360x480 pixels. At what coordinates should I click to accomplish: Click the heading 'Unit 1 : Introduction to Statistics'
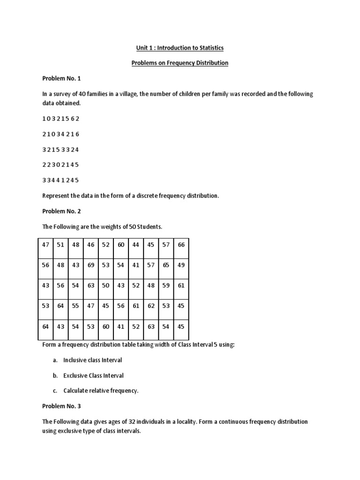pyautogui.click(x=180, y=48)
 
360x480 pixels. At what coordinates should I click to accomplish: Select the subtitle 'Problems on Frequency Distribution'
pyautogui.click(x=180, y=63)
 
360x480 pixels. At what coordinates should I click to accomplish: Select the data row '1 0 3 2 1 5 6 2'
pyautogui.click(x=60, y=119)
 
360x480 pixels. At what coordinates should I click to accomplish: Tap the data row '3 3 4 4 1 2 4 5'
pyautogui.click(x=60, y=180)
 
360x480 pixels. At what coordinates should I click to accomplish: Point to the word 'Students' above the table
pyautogui.click(x=148, y=227)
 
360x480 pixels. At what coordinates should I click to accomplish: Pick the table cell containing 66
pyautogui.click(x=181, y=245)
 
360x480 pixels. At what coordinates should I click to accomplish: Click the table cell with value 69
pyautogui.click(x=90, y=265)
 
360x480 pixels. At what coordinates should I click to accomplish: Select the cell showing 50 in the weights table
pyautogui.click(x=105, y=285)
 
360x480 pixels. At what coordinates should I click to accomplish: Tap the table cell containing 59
pyautogui.click(x=166, y=285)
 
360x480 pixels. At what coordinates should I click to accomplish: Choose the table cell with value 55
pyautogui.click(x=75, y=305)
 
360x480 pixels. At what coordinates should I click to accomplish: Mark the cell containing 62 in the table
pyautogui.click(x=151, y=305)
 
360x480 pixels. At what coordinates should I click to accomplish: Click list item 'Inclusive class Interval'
pyautogui.click(x=93, y=360)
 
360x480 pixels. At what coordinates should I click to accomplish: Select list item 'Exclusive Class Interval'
pyautogui.click(x=93, y=375)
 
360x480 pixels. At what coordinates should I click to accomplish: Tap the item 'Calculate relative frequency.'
pyautogui.click(x=101, y=391)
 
